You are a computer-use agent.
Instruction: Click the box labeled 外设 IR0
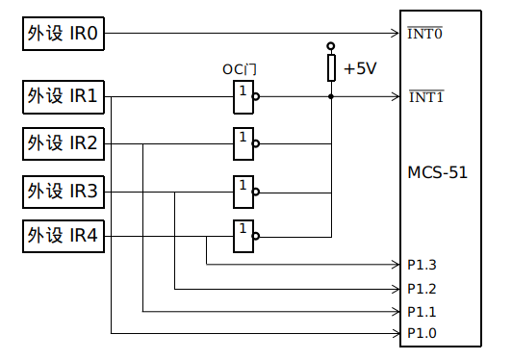point(63,36)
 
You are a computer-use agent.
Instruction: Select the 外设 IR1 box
point(63,97)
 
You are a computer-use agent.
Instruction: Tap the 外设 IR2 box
point(63,144)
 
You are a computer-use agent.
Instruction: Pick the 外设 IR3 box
point(63,191)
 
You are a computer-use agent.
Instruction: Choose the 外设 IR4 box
point(63,236)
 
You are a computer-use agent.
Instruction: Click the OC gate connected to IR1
point(244,96)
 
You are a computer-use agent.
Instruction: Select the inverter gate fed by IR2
point(244,143)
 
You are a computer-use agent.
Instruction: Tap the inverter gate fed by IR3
point(244,191)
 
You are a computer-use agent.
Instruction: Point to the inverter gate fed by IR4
point(244,236)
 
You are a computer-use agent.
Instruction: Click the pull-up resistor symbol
point(331,68)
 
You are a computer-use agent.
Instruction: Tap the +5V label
point(360,69)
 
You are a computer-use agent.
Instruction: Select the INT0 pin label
point(425,35)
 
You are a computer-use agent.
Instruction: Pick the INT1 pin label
point(425,97)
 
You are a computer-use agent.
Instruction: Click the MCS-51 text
point(438,172)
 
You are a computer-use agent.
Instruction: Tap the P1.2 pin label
point(422,288)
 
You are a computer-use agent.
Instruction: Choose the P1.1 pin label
point(422,311)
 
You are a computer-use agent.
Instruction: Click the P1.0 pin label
point(422,333)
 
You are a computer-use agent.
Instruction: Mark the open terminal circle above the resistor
point(331,45)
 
